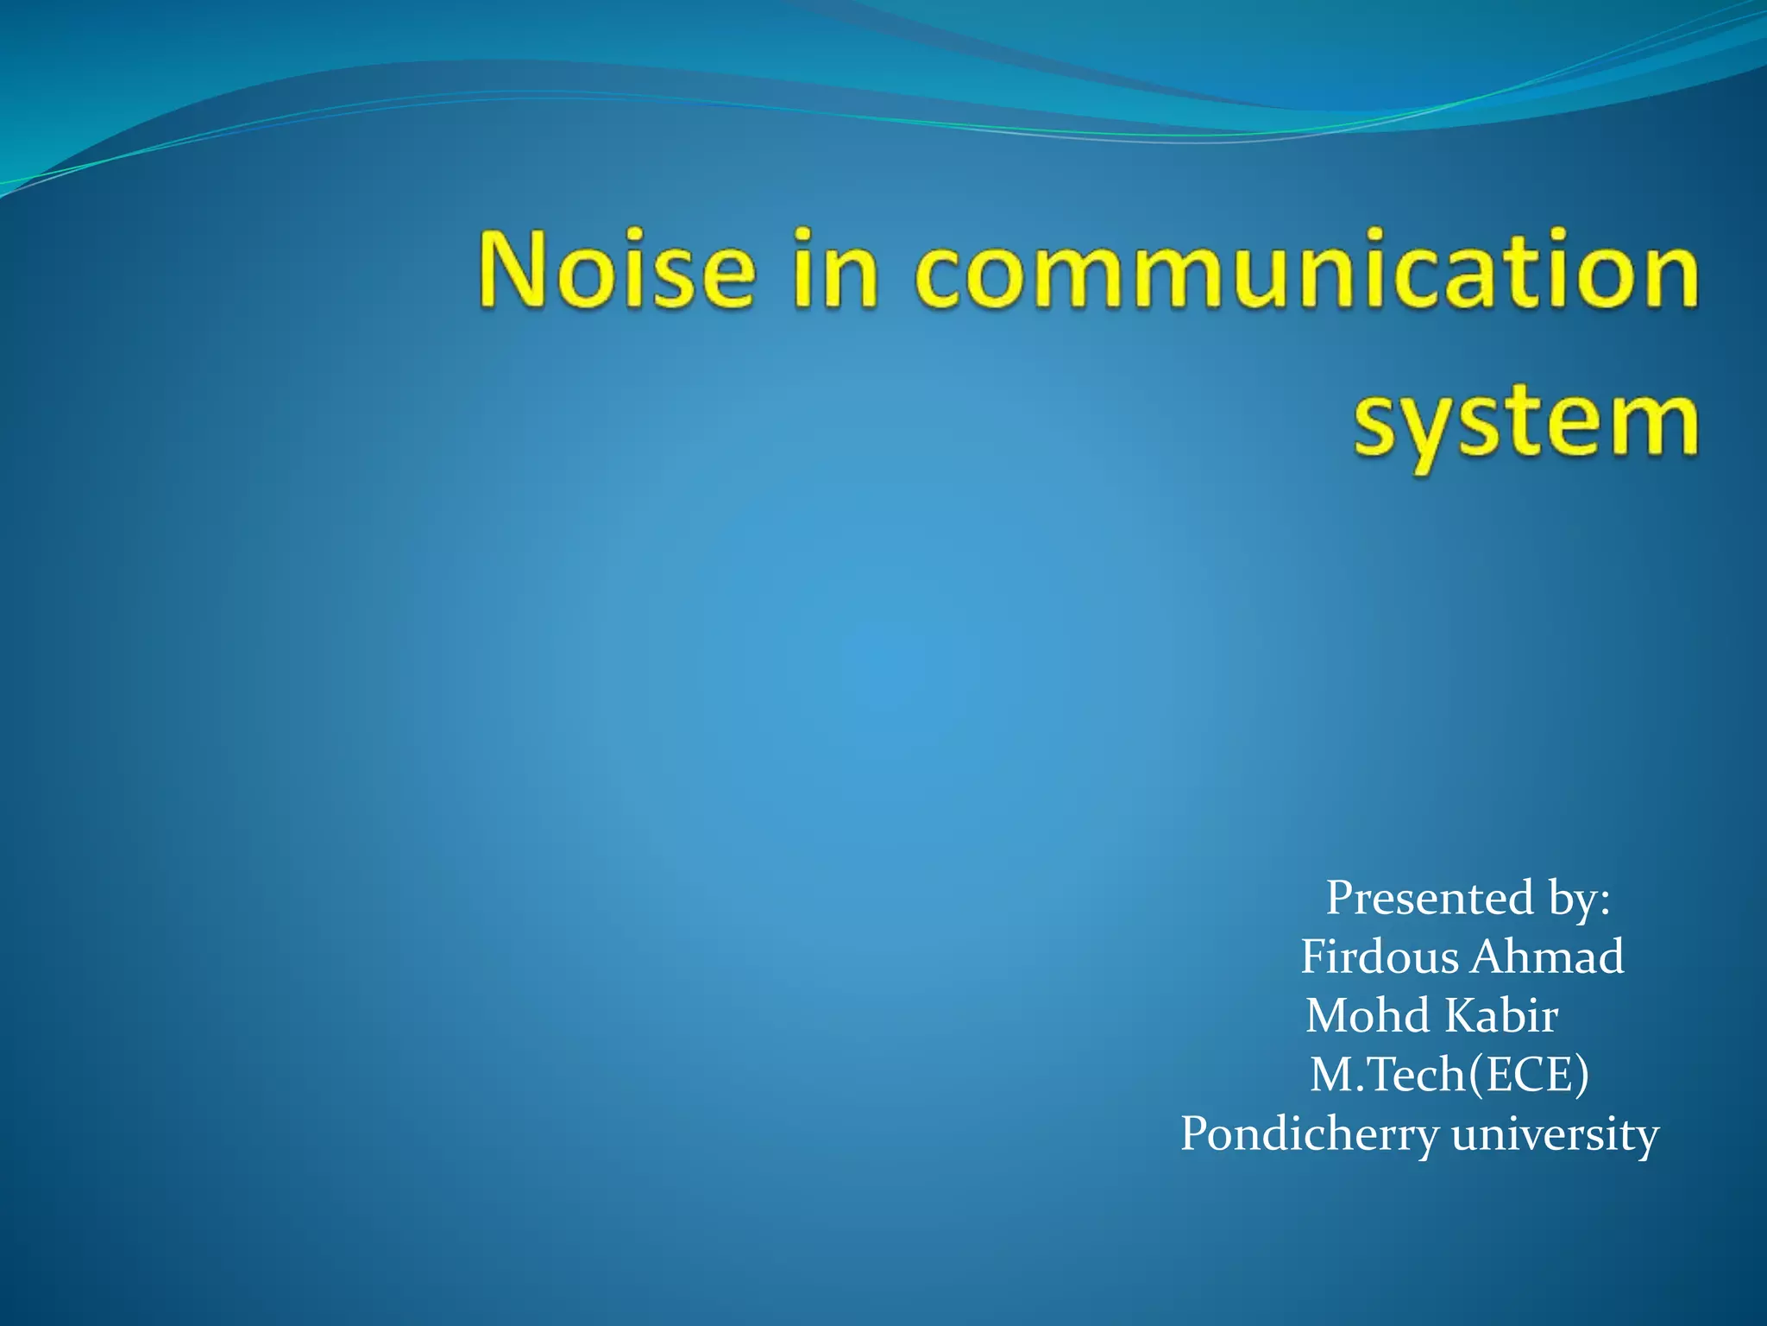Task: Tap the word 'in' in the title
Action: [x=834, y=268]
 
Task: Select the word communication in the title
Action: [x=1306, y=268]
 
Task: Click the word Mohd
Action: [x=1368, y=1016]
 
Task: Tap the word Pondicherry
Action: [x=1309, y=1134]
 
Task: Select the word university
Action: [x=1555, y=1134]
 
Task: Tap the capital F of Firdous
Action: [x=1313, y=957]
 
